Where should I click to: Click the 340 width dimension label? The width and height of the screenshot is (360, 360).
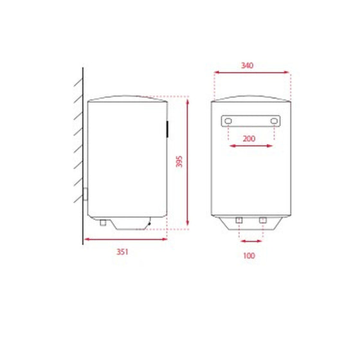(x=247, y=66)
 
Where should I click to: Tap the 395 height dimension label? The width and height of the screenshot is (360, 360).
(x=179, y=161)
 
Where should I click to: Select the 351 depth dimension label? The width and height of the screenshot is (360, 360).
(x=122, y=252)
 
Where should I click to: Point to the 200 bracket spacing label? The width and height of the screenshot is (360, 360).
(x=249, y=139)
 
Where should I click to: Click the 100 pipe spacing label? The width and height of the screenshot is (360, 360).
(x=249, y=256)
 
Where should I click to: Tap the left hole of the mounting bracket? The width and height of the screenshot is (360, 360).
(x=228, y=121)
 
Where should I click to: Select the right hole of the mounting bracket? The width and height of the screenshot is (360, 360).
(x=274, y=121)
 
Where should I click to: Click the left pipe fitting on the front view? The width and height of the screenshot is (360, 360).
(x=239, y=220)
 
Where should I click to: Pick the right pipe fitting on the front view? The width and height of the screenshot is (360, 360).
(x=263, y=220)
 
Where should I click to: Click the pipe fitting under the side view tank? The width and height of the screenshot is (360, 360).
(x=103, y=222)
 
